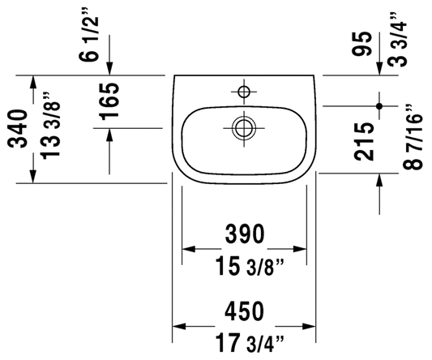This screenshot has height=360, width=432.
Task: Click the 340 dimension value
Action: click(x=18, y=129)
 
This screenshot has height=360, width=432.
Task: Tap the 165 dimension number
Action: click(x=110, y=101)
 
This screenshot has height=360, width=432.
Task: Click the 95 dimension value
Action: click(x=363, y=44)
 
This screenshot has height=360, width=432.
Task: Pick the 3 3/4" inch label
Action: click(x=397, y=40)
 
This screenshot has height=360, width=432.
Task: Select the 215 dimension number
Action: click(x=364, y=142)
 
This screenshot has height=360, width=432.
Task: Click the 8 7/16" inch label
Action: click(x=413, y=137)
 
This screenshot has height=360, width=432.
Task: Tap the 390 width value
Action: click(x=245, y=234)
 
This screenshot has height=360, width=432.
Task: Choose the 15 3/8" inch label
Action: click(x=250, y=266)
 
